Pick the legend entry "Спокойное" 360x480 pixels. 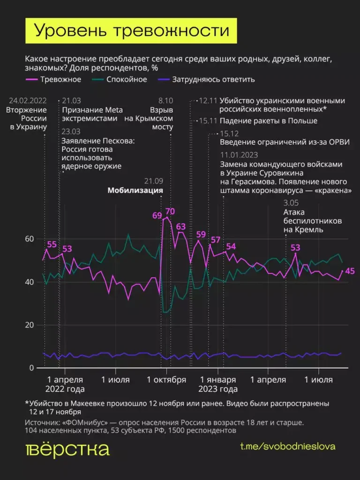pyautogui.click(x=127, y=79)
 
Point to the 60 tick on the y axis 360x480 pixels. pyautogui.click(x=29, y=239)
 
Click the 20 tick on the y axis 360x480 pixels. pyautogui.click(x=29, y=325)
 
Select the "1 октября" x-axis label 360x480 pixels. pyautogui.click(x=166, y=380)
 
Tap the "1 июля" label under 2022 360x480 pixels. pyautogui.click(x=115, y=380)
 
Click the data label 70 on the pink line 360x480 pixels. pyautogui.click(x=170, y=211)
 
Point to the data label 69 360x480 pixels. pyautogui.click(x=157, y=216)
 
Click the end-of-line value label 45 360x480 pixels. pyautogui.click(x=350, y=271)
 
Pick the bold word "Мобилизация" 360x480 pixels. pyautogui.click(x=135, y=190)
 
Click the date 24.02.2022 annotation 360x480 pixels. pyautogui.click(x=28, y=101)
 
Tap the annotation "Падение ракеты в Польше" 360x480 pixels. pyautogui.click(x=263, y=121)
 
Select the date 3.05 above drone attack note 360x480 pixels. pyautogui.click(x=292, y=203)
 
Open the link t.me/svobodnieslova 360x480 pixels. pyautogui.click(x=287, y=446)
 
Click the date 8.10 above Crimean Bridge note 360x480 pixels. pyautogui.click(x=165, y=101)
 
